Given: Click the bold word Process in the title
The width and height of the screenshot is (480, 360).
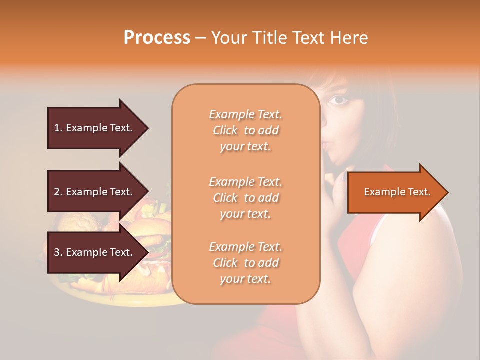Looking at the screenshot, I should pyautogui.click(x=157, y=38).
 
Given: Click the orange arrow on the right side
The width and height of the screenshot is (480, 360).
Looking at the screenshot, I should pyautogui.click(x=397, y=192).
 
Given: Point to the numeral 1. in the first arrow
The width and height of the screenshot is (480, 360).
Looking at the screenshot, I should pyautogui.click(x=58, y=128).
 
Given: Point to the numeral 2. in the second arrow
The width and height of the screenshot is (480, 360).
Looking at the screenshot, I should pyautogui.click(x=58, y=192).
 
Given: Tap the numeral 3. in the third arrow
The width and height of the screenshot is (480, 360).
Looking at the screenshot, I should pyautogui.click(x=58, y=252).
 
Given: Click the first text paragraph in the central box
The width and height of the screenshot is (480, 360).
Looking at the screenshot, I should pyautogui.click(x=245, y=130).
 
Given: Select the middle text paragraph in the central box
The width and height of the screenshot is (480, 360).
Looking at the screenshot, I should pyautogui.click(x=245, y=198).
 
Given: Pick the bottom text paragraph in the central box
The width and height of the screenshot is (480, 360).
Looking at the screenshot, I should pyautogui.click(x=245, y=263).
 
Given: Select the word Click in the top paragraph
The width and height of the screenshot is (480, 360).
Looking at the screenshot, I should pyautogui.click(x=226, y=131).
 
